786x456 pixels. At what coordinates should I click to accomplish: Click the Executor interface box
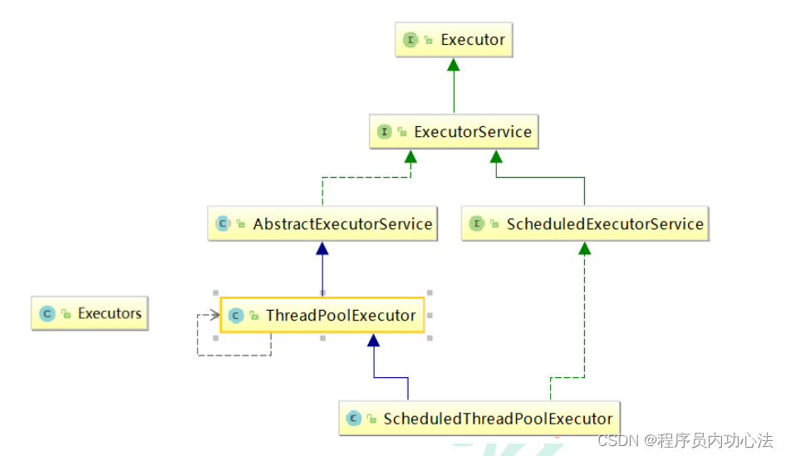(454, 39)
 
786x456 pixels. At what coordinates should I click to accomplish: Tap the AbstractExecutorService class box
(322, 223)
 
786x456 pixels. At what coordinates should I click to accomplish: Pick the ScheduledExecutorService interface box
(585, 223)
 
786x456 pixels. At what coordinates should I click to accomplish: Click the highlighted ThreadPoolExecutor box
(322, 316)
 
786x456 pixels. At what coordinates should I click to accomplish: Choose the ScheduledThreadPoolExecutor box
(480, 419)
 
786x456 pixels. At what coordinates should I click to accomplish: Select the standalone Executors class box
(90, 313)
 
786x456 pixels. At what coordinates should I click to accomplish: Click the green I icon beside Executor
(410, 39)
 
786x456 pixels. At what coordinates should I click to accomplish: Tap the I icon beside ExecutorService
(384, 131)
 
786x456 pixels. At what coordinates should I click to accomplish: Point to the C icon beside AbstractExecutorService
(223, 223)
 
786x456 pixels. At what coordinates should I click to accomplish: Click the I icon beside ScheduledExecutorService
(476, 223)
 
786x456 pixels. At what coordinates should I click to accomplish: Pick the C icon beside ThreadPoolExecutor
(235, 316)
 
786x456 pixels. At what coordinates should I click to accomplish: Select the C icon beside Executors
(47, 313)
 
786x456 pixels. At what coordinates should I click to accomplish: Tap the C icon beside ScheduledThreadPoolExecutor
(353, 419)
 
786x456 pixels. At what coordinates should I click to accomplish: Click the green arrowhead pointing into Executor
(454, 64)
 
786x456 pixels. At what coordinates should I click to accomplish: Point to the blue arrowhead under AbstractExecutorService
(322, 248)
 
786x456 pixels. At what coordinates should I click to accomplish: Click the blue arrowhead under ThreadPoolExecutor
(373, 340)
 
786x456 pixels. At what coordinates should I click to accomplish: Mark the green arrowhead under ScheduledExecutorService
(585, 248)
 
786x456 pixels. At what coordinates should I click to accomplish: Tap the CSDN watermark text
(685, 439)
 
